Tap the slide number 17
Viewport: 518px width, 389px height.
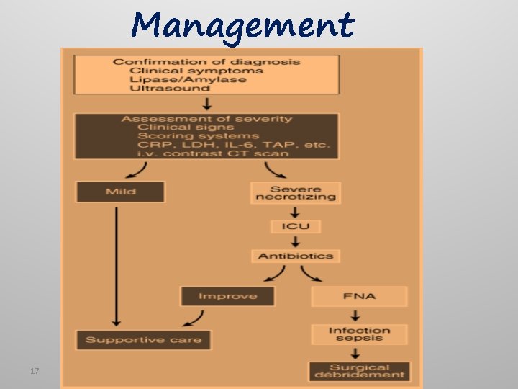(x=34, y=371)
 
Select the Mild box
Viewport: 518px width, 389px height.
(x=120, y=192)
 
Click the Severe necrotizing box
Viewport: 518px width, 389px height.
(x=295, y=192)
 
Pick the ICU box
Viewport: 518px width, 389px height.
(x=295, y=226)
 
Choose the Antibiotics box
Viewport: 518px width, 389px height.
(x=295, y=256)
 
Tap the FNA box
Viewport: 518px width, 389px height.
(x=359, y=296)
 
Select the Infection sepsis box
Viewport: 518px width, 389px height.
(x=359, y=334)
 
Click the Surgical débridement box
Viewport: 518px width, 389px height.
(x=359, y=371)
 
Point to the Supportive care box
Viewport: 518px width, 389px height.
(x=144, y=339)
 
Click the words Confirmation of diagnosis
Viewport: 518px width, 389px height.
(x=206, y=62)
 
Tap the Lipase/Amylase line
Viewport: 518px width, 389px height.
(x=188, y=79)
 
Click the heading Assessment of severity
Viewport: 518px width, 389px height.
(x=206, y=119)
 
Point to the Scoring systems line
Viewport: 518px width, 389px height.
(x=198, y=135)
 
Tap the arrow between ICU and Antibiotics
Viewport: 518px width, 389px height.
(x=295, y=241)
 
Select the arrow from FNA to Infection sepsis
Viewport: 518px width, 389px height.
(x=355, y=316)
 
